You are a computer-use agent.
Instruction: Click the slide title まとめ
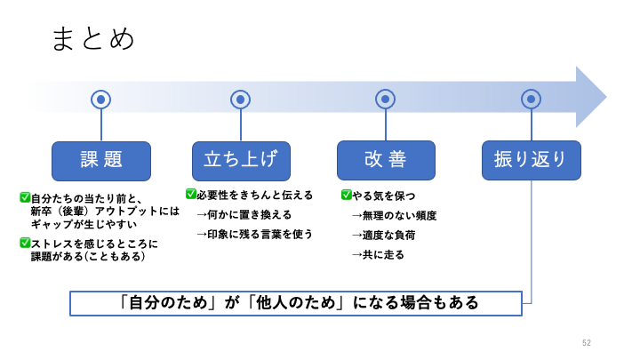click(93, 38)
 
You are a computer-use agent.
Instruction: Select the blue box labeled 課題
click(101, 160)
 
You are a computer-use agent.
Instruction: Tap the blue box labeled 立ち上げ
click(241, 160)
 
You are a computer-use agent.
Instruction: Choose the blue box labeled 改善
click(386, 160)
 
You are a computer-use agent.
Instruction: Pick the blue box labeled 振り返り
click(531, 160)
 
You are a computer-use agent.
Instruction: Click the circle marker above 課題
click(101, 100)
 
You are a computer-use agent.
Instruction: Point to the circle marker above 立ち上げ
click(240, 100)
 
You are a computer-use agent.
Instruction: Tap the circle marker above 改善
click(385, 100)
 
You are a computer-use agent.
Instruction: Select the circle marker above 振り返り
click(531, 100)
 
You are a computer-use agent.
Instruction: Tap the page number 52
click(587, 343)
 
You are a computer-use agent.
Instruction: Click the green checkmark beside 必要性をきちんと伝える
click(191, 194)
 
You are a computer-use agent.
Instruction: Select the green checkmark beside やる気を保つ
click(347, 195)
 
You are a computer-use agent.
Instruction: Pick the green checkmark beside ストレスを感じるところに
click(25, 243)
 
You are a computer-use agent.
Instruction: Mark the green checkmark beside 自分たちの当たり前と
click(25, 197)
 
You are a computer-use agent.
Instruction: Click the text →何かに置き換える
click(244, 214)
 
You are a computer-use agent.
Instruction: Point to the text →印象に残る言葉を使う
click(254, 234)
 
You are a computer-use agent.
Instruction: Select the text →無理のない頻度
click(394, 215)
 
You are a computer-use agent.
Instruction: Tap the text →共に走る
click(378, 254)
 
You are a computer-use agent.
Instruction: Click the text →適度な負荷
click(383, 235)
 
